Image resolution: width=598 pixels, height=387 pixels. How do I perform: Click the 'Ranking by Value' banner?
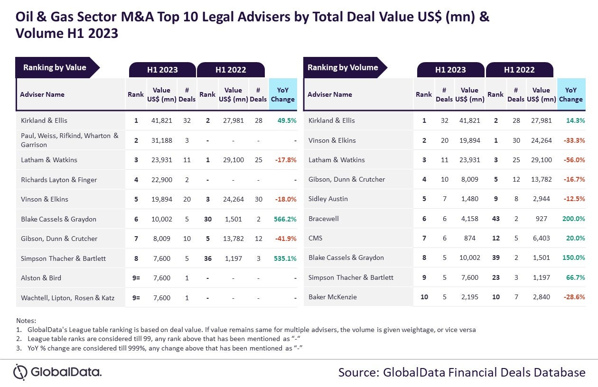click(55, 67)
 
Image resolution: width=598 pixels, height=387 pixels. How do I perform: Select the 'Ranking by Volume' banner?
click(343, 67)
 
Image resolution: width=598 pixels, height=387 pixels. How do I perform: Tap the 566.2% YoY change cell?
click(285, 219)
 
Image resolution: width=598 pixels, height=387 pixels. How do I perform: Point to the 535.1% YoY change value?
click(285, 258)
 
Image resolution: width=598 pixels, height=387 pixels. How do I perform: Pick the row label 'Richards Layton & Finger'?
click(59, 180)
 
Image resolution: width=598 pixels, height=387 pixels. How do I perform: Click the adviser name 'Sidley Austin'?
click(328, 199)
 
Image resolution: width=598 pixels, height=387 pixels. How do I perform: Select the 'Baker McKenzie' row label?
click(333, 297)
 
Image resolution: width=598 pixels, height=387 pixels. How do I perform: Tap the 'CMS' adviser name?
click(315, 238)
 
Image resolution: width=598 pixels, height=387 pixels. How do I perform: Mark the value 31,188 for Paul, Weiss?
click(161, 140)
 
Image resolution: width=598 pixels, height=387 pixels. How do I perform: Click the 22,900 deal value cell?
click(161, 180)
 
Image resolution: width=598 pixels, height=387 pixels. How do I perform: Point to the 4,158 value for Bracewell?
click(469, 219)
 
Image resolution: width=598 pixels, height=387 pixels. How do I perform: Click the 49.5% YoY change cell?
click(287, 120)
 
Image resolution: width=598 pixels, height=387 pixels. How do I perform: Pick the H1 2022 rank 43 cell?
click(495, 219)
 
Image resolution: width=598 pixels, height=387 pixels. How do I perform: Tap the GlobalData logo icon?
click(20, 372)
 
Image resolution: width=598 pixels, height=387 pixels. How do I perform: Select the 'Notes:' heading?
click(26, 321)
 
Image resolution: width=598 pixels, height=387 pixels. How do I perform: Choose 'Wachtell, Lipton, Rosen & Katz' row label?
click(68, 297)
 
